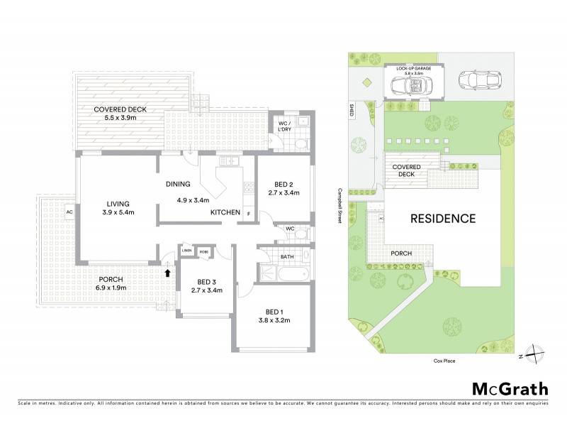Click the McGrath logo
tap(510, 388)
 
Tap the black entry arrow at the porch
tap(167, 272)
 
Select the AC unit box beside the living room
tap(69, 211)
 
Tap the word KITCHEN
tap(225, 212)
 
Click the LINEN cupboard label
tap(186, 250)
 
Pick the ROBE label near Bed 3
tap(203, 250)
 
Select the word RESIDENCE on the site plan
tap(444, 219)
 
